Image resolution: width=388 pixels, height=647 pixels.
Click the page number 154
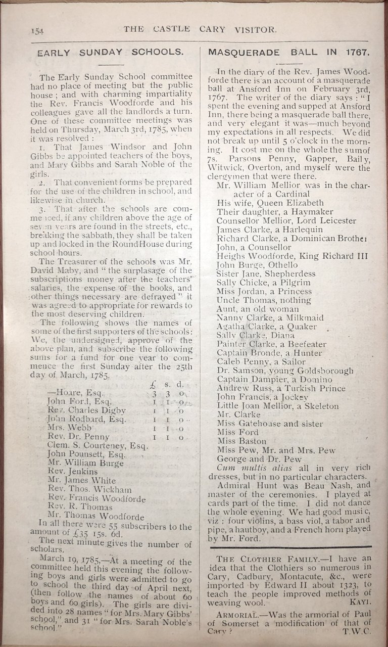[x=37, y=31]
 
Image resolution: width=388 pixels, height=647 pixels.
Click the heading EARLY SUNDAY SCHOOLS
[x=110, y=52]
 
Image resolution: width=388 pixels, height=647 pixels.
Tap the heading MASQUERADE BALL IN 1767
[x=289, y=52]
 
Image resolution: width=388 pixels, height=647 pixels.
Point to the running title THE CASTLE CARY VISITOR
[x=200, y=29]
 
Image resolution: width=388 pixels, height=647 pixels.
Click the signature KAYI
[x=360, y=603]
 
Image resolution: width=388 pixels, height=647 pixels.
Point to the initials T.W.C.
[x=357, y=631]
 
